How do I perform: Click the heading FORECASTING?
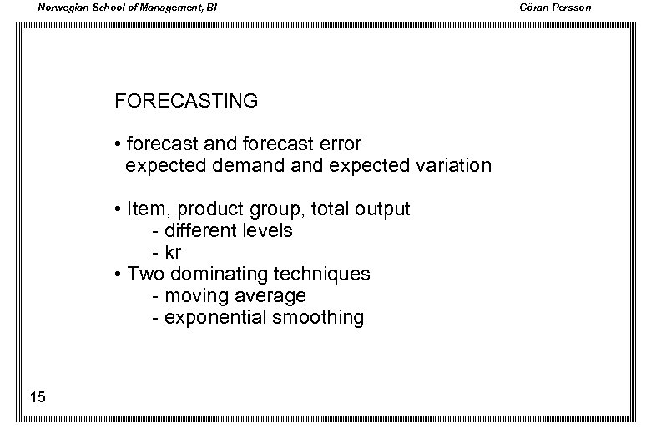186,102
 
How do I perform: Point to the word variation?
452,165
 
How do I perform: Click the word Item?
147,209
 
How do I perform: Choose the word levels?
265,230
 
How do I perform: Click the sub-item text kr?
173,252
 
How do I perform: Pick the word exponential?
217,318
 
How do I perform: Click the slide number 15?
37,397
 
